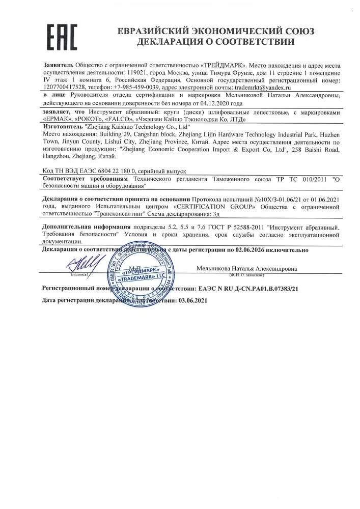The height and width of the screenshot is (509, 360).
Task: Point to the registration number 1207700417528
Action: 64,87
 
